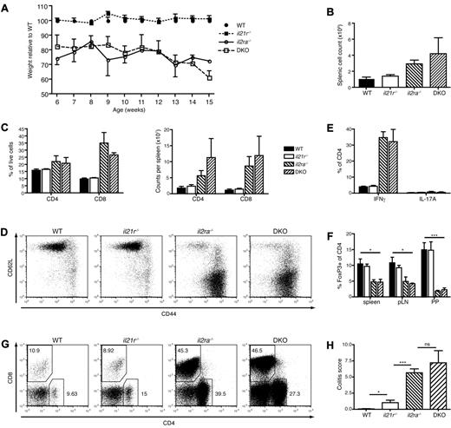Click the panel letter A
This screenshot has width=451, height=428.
coord(7,7)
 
